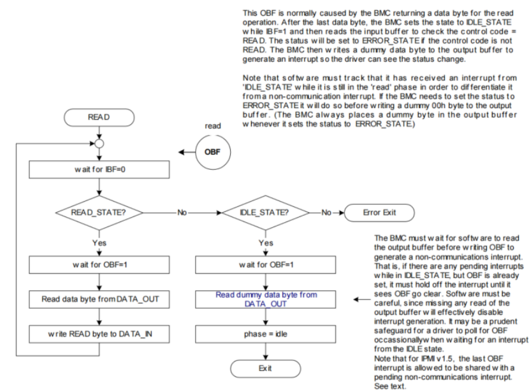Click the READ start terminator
99,118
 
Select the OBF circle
213,153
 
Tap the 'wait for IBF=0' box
99,171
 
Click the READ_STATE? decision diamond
99,212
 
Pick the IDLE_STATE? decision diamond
266,212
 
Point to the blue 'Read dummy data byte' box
266,300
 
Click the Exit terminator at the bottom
266,369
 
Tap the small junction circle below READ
99,143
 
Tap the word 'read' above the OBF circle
213,126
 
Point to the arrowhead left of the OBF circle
182,153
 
